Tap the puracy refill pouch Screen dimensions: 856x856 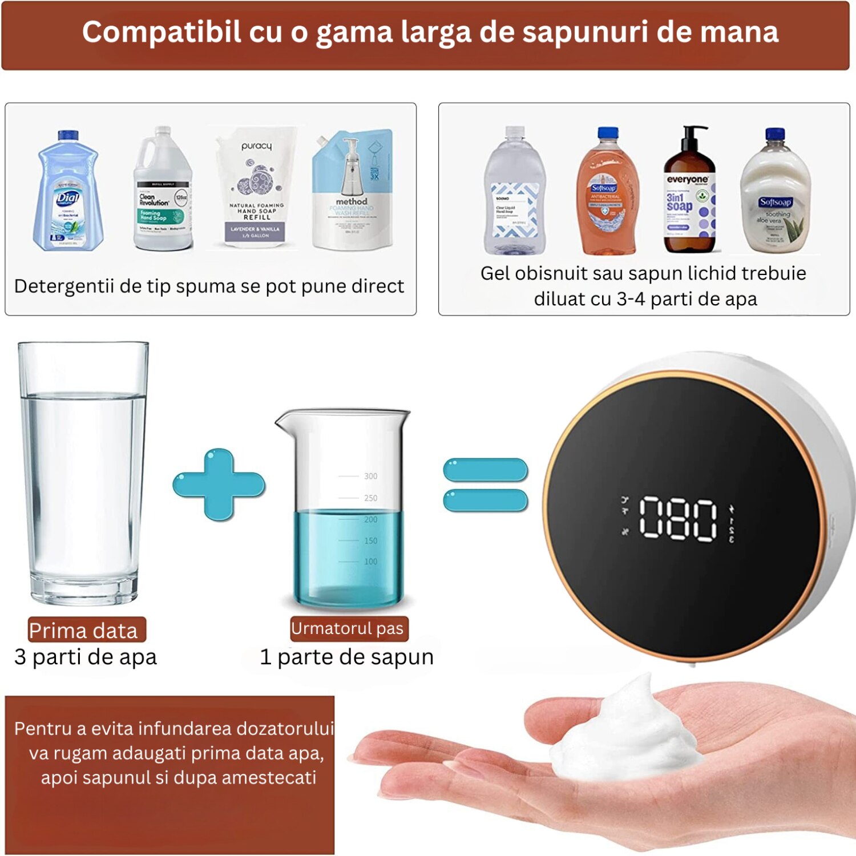click(257, 188)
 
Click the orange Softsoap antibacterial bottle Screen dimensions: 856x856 click(607, 194)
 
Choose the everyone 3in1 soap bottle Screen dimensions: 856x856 click(689, 197)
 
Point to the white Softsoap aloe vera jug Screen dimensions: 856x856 click(774, 194)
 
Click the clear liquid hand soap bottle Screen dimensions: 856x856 click(514, 194)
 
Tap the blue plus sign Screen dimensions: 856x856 click(219, 484)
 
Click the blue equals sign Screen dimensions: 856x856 click(485, 485)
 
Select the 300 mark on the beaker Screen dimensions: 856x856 click(370, 476)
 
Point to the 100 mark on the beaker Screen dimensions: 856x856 click(370, 562)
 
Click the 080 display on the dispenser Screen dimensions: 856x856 click(677, 518)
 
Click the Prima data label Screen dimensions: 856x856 click(84, 631)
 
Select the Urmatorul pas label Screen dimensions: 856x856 click(348, 628)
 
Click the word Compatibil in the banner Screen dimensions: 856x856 click(161, 32)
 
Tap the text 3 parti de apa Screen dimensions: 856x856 click(86, 657)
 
